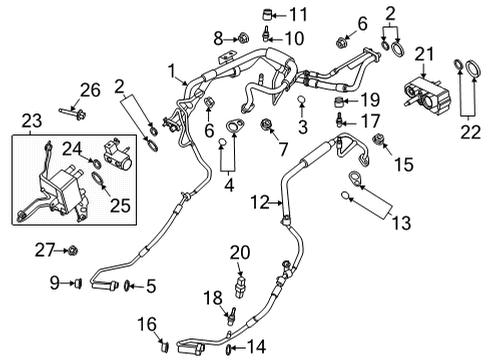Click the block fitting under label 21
pyautogui.click(x=425, y=93)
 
